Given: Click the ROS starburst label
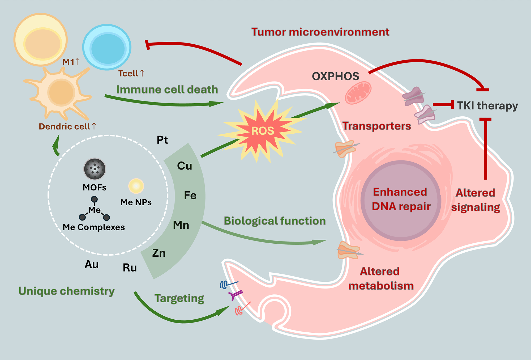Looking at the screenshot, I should tap(262, 131).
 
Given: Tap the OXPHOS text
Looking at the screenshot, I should tap(335, 77).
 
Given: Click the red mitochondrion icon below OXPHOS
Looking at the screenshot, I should tap(358, 93).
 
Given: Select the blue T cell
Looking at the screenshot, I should tap(107, 47).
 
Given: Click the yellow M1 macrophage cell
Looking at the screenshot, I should tap(41, 40).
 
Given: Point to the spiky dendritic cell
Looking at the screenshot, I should tap(61, 92).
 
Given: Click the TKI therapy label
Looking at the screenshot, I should tap(487, 105).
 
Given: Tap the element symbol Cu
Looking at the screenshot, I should tap(184, 166).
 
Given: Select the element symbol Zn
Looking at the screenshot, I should tap(159, 253).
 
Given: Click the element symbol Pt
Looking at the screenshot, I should tap(162, 140).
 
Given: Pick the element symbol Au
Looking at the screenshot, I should tap(92, 264).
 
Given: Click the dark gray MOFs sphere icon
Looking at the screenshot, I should tap(95, 169).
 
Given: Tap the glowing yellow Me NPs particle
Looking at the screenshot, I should tap(136, 186).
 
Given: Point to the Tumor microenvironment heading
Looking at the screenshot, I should tap(320, 32).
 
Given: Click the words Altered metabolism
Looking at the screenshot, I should tap(380, 279).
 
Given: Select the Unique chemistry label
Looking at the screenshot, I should tap(66, 291).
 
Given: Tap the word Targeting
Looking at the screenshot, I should tap(179, 298).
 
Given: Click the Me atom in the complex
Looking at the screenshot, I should tap(94, 210).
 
